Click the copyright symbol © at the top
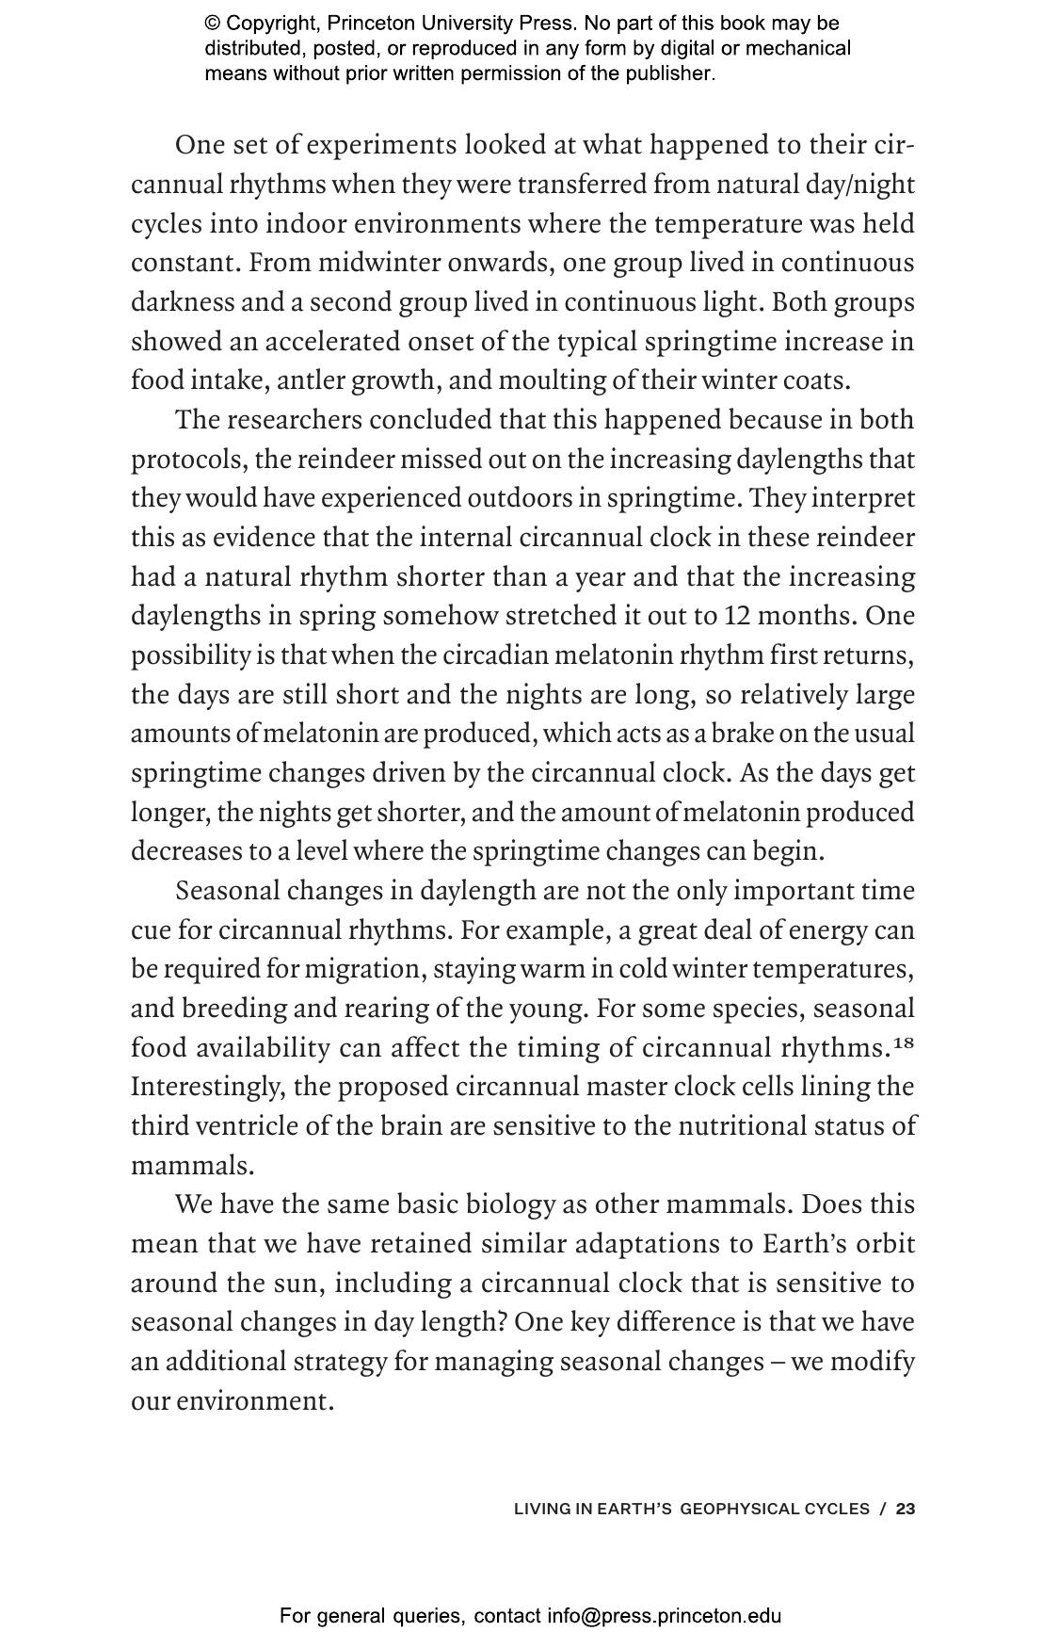213,24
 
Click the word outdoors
521,498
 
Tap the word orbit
886,1244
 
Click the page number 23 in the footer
906,1509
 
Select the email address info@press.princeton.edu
664,1617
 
